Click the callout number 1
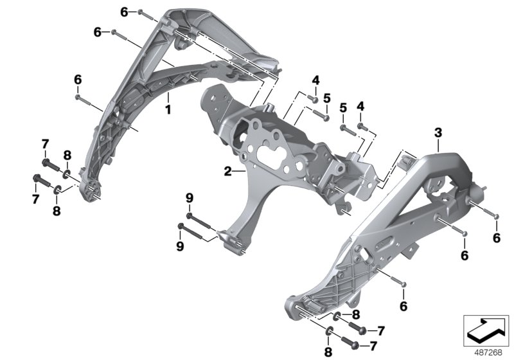coord(168,110)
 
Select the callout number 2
coord(227,171)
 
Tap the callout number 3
coord(438,133)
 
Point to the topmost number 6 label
coord(123,12)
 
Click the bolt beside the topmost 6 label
coord(142,13)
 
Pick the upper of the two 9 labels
coord(189,197)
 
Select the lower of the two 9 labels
coord(180,246)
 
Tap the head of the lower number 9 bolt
coord(181,226)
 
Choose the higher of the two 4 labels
coord(315,80)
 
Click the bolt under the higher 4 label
coord(313,98)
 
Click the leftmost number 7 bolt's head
coord(37,179)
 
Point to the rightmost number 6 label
coord(495,238)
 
